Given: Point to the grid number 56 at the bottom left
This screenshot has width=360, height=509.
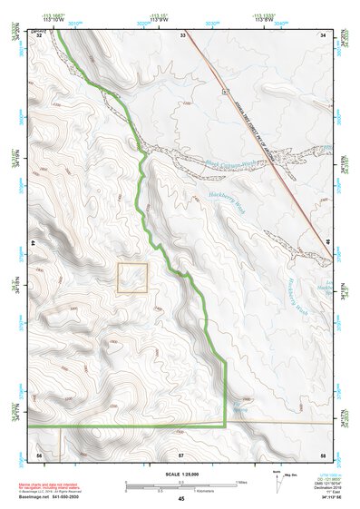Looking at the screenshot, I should (x=39, y=454).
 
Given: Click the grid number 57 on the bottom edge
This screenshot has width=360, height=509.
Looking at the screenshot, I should (x=181, y=454).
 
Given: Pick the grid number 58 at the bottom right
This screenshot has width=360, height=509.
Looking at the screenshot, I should (x=322, y=454).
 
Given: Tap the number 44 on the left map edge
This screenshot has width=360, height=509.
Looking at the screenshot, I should (x=34, y=244).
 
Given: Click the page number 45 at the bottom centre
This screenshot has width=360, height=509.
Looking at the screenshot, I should (x=181, y=499).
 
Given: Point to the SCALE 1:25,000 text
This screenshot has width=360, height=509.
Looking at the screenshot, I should (x=180, y=474).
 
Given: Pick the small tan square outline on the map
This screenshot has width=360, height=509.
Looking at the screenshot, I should (x=131, y=278).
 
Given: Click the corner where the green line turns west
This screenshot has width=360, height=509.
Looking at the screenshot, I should (x=224, y=425).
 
